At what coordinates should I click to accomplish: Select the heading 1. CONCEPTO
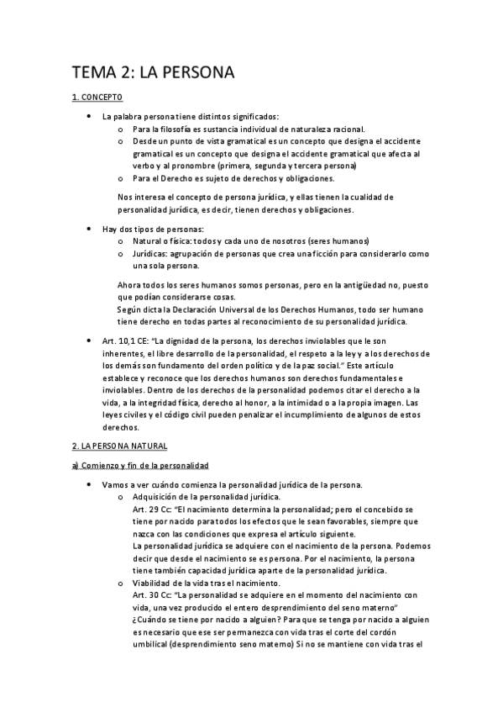(97, 98)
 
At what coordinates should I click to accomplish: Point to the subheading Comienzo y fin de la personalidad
(143, 465)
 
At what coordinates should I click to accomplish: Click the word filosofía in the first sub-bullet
(173, 129)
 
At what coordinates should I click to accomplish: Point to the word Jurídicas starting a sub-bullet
(149, 253)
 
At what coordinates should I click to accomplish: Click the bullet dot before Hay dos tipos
(89, 229)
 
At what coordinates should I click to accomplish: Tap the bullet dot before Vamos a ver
(89, 485)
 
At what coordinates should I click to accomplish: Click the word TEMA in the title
(97, 73)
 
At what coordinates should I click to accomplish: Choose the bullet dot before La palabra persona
(89, 116)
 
